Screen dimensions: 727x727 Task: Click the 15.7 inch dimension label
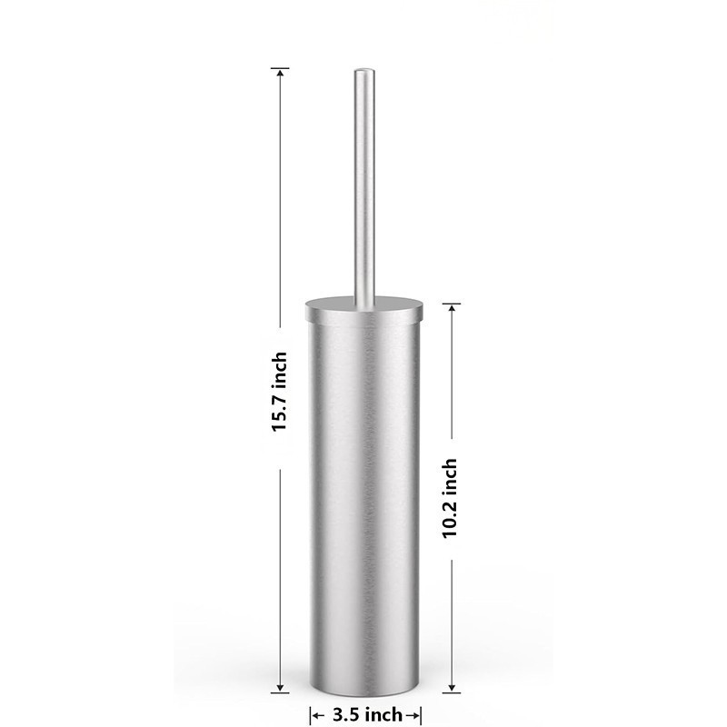point(280,392)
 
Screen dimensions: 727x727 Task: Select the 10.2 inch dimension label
point(450,498)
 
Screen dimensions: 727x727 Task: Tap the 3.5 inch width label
point(367,714)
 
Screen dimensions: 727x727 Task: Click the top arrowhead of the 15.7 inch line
point(280,73)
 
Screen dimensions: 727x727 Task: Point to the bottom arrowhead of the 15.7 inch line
point(280,688)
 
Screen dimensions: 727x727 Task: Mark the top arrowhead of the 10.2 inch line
point(451,309)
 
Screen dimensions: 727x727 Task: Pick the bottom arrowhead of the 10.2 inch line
point(451,688)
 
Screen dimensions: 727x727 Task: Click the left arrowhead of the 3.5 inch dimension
point(315,716)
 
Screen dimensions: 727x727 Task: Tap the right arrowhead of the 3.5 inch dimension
point(415,716)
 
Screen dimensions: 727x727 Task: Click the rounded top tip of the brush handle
point(364,71)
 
